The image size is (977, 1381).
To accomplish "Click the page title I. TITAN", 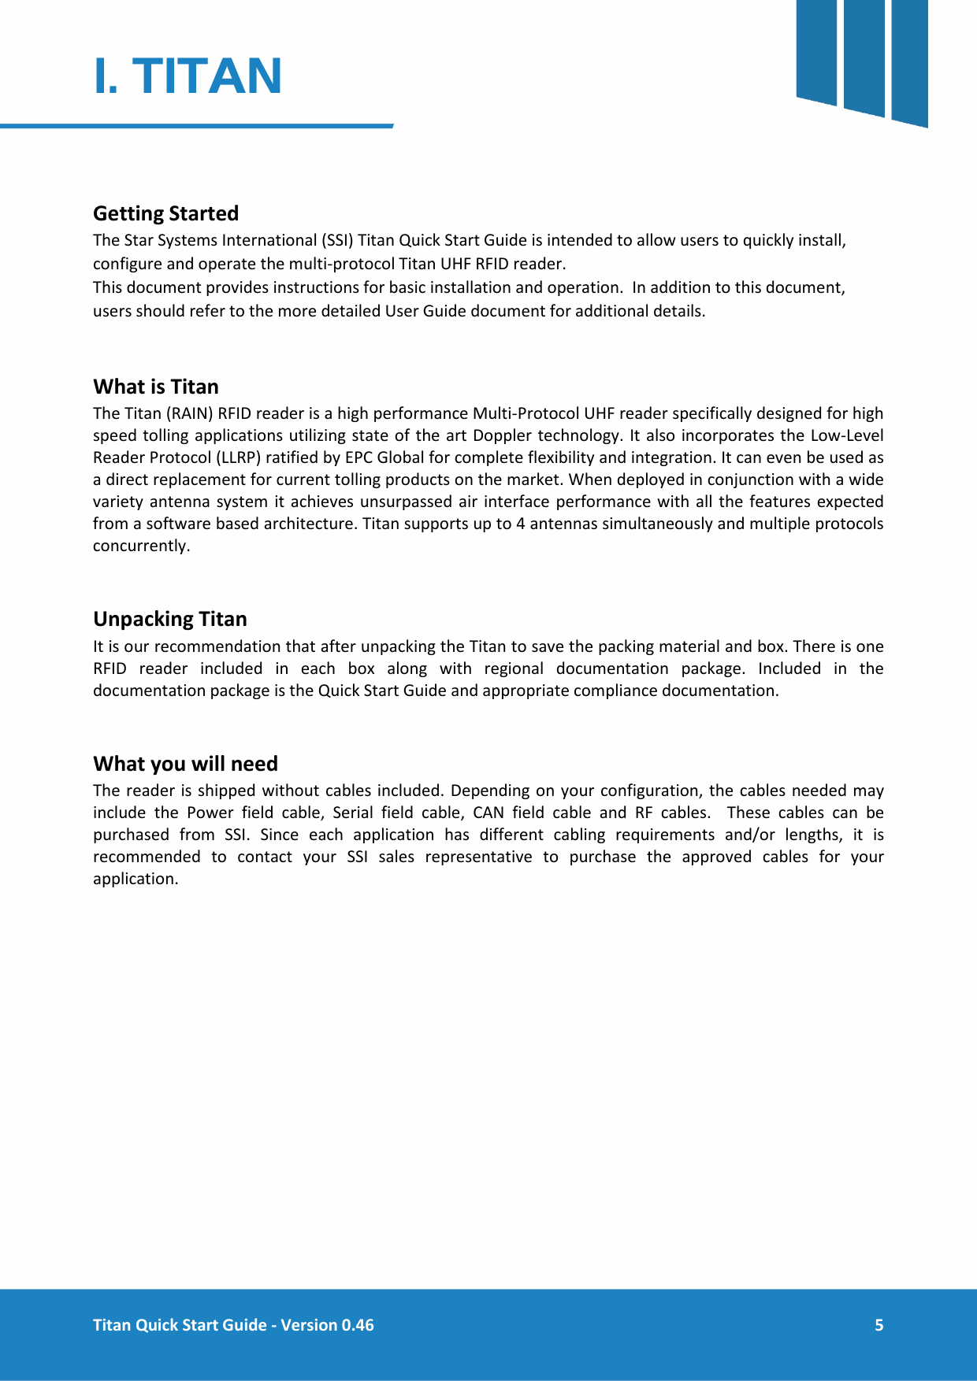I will coord(188,76).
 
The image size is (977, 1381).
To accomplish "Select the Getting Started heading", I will coord(165,213).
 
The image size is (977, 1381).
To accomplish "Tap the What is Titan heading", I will coord(156,387).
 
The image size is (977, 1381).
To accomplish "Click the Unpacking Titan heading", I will coord(170,619).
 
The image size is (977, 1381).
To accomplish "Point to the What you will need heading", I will coord(185,764).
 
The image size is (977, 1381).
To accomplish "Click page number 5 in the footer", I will coord(879,1325).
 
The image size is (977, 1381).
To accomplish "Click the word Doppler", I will coord(501,435).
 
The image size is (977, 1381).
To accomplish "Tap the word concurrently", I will coord(141,546).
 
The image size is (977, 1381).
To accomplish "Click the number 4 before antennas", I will coord(521,524).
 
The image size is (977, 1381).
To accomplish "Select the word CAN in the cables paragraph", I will coord(488,813).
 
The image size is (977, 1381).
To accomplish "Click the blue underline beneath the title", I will coord(197,125).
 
